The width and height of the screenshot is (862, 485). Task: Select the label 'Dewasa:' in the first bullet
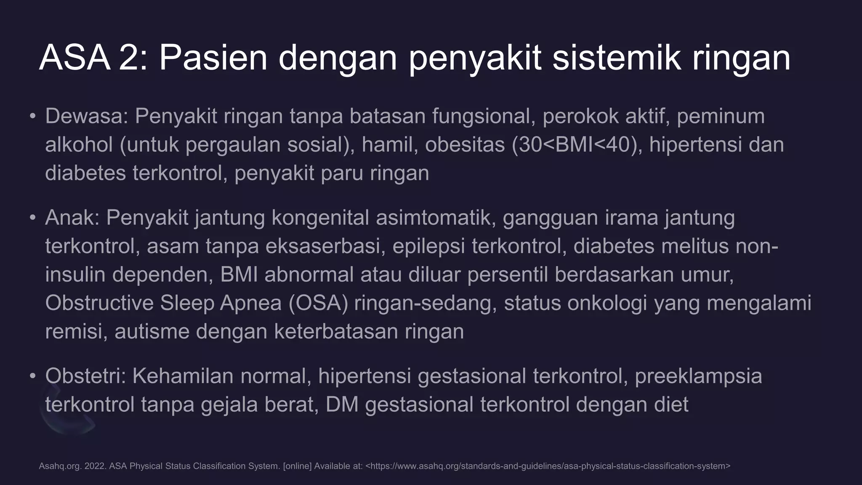[x=86, y=116]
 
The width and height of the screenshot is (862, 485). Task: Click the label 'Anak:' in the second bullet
[x=72, y=218]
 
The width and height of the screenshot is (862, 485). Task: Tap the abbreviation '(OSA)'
[x=318, y=303]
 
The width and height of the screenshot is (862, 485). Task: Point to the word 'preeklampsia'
[x=698, y=376]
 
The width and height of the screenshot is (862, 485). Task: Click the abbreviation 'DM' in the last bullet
[x=342, y=405]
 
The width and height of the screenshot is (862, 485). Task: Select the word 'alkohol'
[x=79, y=145]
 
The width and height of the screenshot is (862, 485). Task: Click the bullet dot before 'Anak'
[x=33, y=218]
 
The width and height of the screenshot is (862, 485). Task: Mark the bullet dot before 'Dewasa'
[x=33, y=116]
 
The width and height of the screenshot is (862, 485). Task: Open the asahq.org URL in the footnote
[x=548, y=466]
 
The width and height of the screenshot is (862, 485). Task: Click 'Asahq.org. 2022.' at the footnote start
[x=72, y=466]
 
